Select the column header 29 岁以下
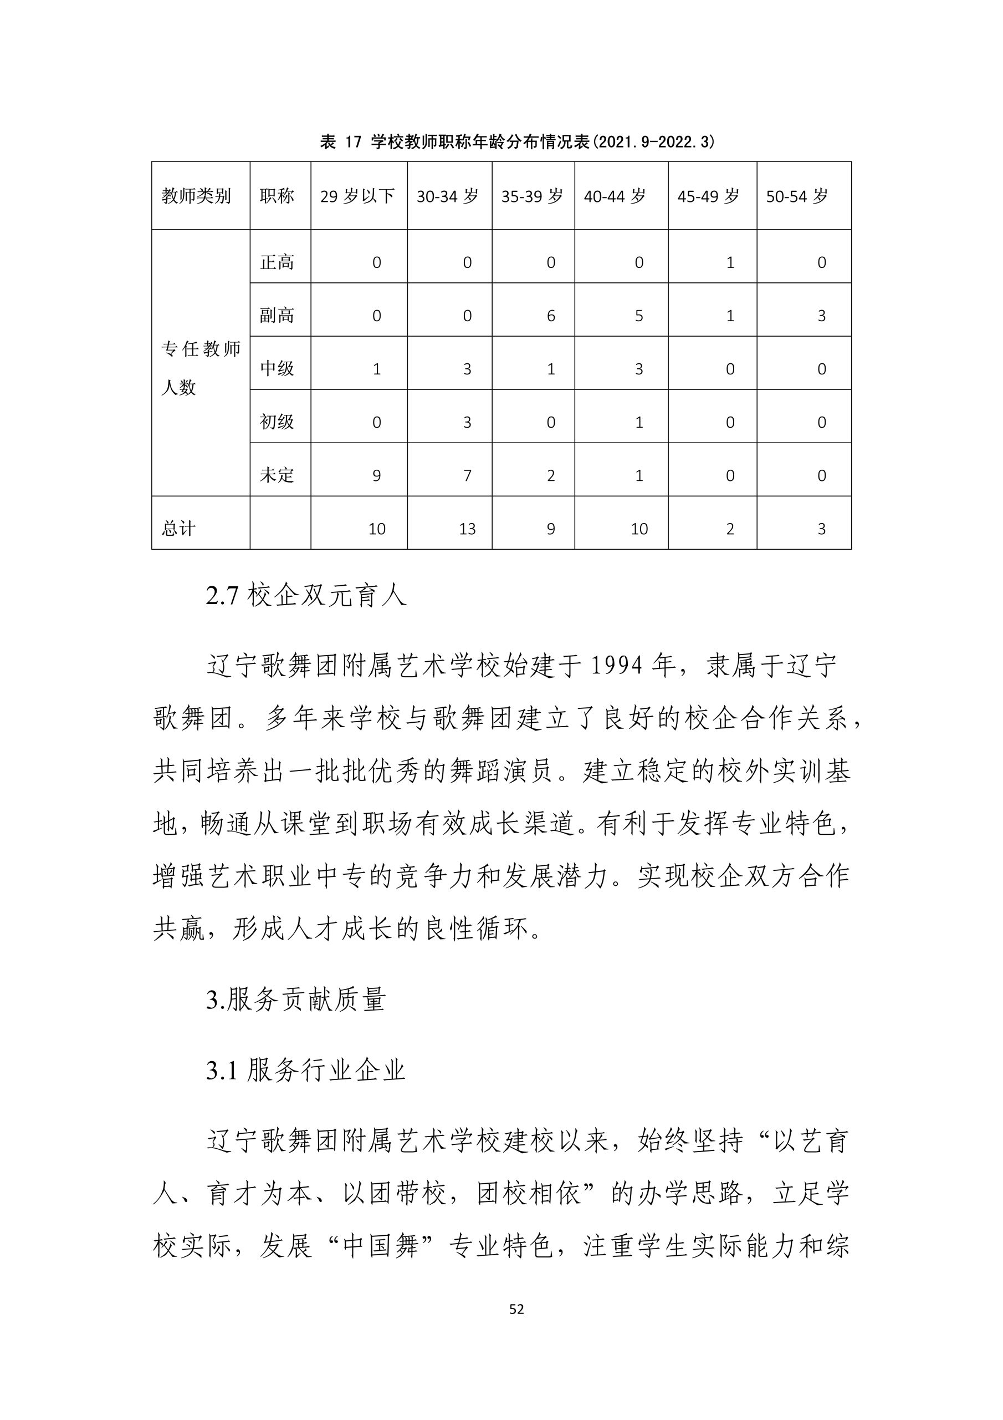(357, 197)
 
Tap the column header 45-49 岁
(708, 197)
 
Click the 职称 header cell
(277, 197)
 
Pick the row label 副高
(277, 316)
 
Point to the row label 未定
(277, 475)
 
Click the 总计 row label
(178, 529)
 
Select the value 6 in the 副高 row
(551, 316)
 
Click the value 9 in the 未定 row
(376, 475)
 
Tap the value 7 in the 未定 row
(467, 475)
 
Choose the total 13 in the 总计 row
(467, 529)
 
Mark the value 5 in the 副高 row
(639, 316)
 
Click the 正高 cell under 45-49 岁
(730, 263)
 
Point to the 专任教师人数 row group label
(200, 368)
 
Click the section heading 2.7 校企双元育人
(306, 596)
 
